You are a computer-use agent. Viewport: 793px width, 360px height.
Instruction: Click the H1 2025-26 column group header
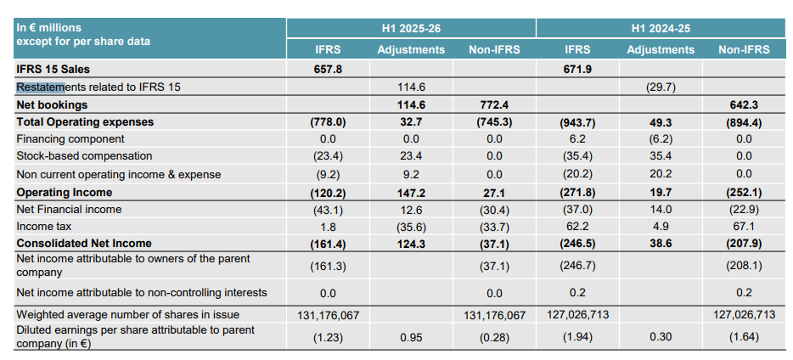[411, 28]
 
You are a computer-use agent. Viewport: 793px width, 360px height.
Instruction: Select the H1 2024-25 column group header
[661, 28]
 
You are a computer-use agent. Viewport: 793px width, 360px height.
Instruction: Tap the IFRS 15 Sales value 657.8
[328, 69]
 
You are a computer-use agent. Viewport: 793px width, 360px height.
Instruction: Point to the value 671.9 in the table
[577, 69]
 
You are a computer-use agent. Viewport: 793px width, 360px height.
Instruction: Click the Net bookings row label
[52, 105]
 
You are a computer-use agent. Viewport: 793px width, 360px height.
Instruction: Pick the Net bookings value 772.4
[494, 105]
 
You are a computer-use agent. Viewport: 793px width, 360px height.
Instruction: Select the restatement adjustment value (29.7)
[661, 87]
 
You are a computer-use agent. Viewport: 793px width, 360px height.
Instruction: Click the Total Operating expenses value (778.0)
[328, 122]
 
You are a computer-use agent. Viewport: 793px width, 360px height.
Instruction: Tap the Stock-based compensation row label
[84, 156]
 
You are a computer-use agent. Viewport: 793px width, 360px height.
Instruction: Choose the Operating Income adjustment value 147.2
[411, 193]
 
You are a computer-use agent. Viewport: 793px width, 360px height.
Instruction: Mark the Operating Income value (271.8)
[577, 193]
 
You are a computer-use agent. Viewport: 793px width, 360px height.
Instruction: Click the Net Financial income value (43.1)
[328, 210]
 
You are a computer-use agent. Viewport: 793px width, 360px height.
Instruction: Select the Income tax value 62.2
[577, 227]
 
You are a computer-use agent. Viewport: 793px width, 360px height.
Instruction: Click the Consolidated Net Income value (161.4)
[328, 245]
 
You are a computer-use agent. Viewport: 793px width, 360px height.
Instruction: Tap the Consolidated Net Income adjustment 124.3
[411, 245]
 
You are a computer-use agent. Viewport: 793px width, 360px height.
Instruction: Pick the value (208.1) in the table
[744, 266]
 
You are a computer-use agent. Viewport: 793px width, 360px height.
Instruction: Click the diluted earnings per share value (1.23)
[328, 336]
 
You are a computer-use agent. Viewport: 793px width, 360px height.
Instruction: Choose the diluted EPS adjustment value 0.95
[411, 336]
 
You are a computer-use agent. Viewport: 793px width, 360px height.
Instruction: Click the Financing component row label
[70, 139]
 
